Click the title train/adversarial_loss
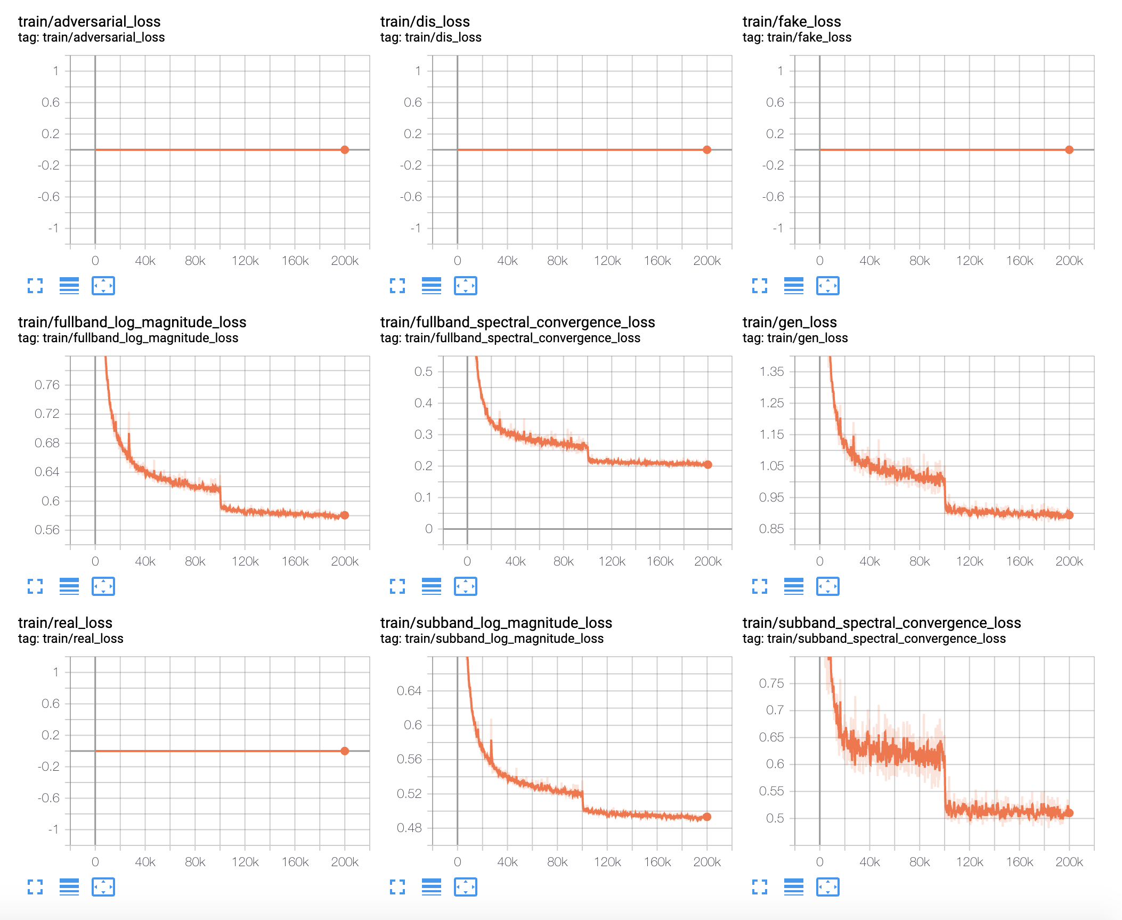[x=89, y=21]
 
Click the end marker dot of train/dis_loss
[x=706, y=150]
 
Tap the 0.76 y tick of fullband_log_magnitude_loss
[x=47, y=385]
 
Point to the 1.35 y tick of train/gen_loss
[x=771, y=372]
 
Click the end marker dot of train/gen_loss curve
[x=1069, y=515]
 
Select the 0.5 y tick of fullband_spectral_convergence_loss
[x=423, y=372]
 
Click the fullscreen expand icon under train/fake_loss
[x=760, y=286]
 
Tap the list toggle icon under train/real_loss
[x=69, y=887]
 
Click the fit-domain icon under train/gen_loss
[x=827, y=586]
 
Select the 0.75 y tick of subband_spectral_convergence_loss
[x=771, y=683]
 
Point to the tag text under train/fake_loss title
[x=796, y=37]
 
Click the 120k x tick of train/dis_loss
[x=607, y=261]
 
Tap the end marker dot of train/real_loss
[x=345, y=751]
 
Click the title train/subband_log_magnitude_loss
[x=495, y=623]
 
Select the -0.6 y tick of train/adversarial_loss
[x=48, y=197]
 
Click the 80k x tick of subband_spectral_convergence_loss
[x=920, y=862]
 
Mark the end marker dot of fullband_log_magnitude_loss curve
[x=345, y=515]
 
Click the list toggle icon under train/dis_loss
[x=432, y=286]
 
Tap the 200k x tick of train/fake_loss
[x=1069, y=261]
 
